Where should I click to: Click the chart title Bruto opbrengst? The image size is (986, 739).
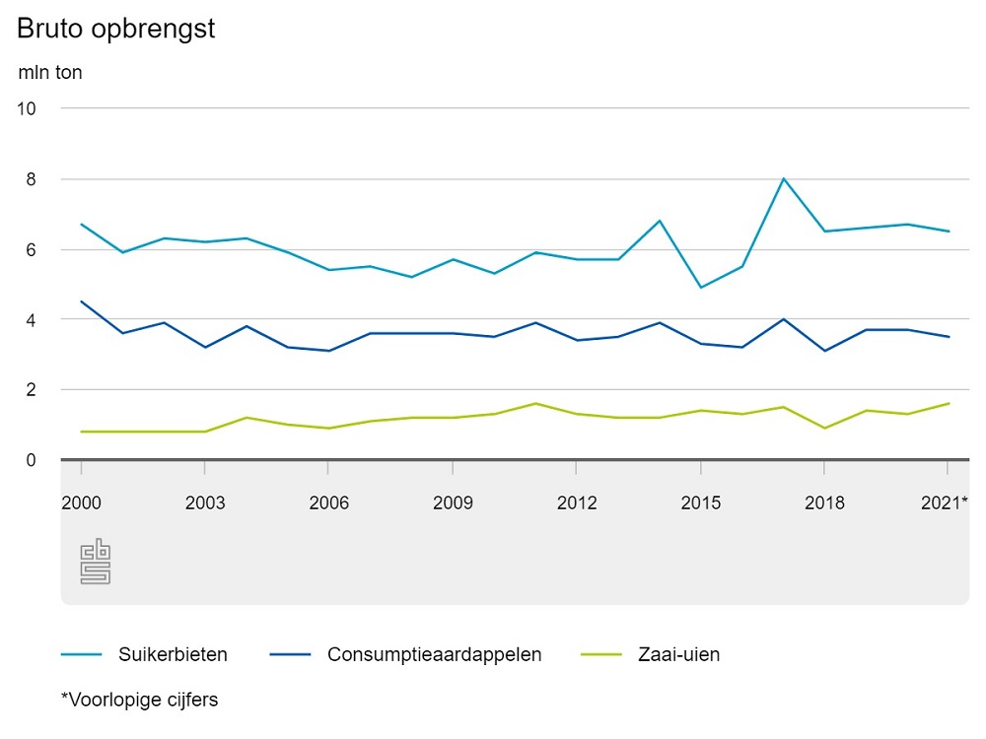(x=116, y=30)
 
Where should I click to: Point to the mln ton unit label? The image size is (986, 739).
(x=50, y=72)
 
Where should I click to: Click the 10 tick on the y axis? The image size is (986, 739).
(x=27, y=108)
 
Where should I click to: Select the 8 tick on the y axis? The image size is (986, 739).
(x=31, y=179)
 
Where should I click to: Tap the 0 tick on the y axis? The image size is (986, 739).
(x=31, y=460)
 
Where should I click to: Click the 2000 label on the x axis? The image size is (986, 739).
(x=81, y=503)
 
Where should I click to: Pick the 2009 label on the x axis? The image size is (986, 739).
(x=453, y=503)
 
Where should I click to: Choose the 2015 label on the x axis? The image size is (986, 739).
(x=700, y=503)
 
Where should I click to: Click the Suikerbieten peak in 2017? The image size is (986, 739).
(x=783, y=178)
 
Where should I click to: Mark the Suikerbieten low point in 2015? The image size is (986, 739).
(x=700, y=287)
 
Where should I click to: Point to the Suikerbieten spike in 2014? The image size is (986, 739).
(x=660, y=221)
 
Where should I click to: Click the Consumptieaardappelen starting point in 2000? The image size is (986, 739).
(x=81, y=302)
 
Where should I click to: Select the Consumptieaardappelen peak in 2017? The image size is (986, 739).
(x=783, y=319)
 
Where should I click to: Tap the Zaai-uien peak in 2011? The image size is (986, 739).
(x=535, y=403)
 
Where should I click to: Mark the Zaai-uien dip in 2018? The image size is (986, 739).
(x=824, y=428)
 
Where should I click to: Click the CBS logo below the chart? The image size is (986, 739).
(x=95, y=563)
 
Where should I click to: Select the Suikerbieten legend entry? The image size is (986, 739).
(x=144, y=654)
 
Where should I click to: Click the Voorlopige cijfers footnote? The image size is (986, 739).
(x=139, y=700)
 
